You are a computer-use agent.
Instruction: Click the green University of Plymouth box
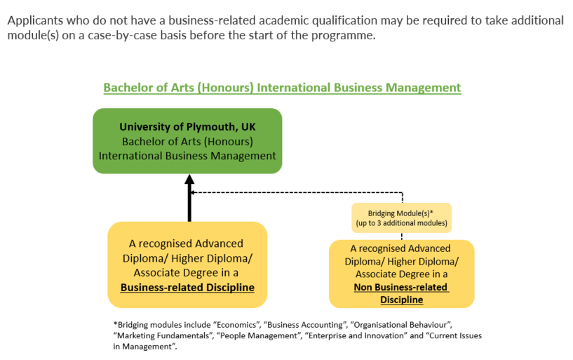[187, 141]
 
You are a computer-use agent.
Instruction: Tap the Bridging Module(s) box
[402, 218]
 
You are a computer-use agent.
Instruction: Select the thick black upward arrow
[189, 198]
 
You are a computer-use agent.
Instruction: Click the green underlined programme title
[282, 88]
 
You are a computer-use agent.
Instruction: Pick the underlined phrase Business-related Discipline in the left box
[187, 287]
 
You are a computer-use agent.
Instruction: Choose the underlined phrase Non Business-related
[400, 287]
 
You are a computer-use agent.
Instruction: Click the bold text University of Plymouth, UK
[187, 127]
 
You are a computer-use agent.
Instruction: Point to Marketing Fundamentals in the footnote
[163, 335]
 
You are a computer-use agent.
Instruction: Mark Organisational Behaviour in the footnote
[401, 325]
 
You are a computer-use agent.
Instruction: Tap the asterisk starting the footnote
[116, 324]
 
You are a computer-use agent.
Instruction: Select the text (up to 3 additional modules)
[402, 223]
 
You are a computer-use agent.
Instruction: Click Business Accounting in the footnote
[305, 325]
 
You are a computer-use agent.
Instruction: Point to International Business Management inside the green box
[187, 156]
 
